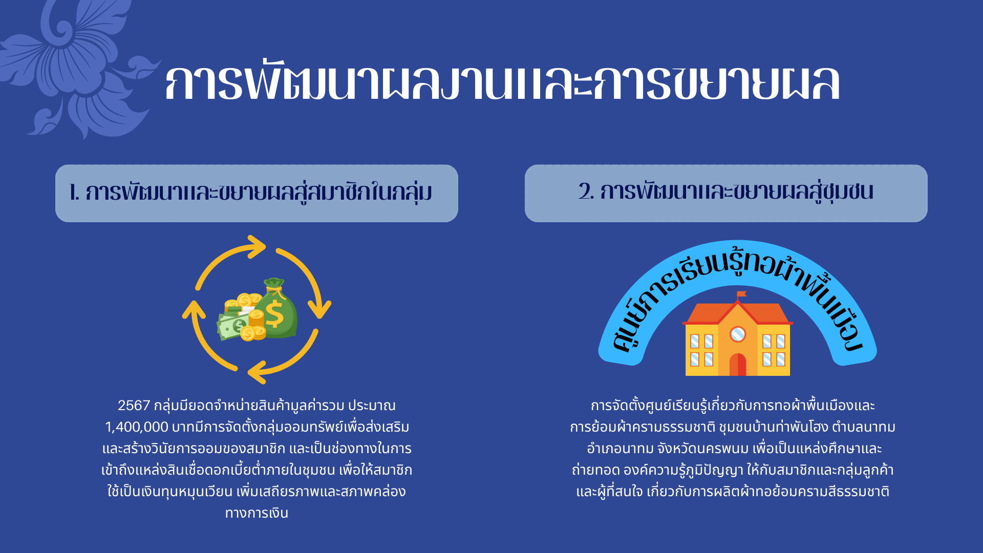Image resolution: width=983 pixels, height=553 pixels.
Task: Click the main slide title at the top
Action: [502, 82]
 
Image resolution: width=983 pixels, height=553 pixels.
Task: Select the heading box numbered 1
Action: [257, 193]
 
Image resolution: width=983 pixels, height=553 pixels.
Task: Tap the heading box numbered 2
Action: [726, 193]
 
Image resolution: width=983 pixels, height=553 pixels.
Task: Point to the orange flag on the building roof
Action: [741, 294]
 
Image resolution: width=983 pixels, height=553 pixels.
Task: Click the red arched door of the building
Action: [738, 364]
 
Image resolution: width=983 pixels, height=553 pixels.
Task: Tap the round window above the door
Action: [738, 334]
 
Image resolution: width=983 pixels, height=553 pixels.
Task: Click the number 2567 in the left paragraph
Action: [134, 406]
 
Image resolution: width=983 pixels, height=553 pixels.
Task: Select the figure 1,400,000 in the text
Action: [137, 427]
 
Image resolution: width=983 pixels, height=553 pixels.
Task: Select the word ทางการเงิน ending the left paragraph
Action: [257, 513]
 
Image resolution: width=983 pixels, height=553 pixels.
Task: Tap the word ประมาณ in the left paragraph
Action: [372, 406]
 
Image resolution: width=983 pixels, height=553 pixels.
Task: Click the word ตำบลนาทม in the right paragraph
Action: [864, 427]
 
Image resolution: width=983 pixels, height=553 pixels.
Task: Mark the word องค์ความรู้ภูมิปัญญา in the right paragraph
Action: [683, 470]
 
